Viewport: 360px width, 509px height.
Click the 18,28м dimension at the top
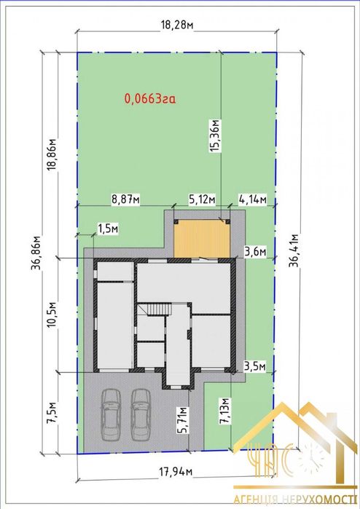177,25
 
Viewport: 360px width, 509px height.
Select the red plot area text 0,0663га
150,98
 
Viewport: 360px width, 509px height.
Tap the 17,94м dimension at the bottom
176,472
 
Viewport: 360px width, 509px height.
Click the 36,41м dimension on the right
294,250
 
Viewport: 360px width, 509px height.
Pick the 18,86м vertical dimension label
52,155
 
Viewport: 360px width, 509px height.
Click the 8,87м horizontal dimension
126,200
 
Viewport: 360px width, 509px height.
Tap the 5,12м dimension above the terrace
203,200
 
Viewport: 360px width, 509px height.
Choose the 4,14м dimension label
252,200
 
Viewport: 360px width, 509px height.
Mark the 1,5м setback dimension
108,229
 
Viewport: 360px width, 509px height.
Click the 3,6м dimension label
255,251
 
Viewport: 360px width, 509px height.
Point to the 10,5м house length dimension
52,315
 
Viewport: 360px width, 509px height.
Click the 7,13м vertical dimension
224,411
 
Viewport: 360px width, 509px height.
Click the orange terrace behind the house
202,239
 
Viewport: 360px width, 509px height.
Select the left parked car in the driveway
111,415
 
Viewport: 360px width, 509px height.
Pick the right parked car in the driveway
141,415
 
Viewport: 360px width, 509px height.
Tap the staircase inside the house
159,309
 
